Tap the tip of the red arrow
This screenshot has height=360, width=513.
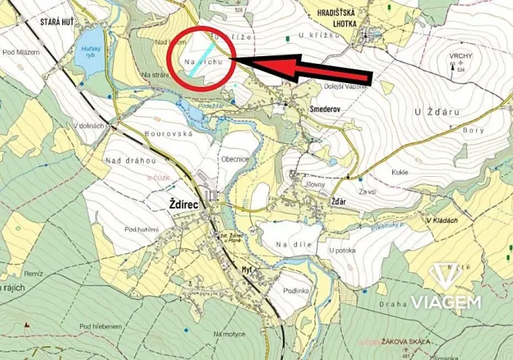tap(233, 59)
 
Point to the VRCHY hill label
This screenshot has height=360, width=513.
tap(465, 56)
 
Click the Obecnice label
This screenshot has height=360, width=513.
tap(235, 159)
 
